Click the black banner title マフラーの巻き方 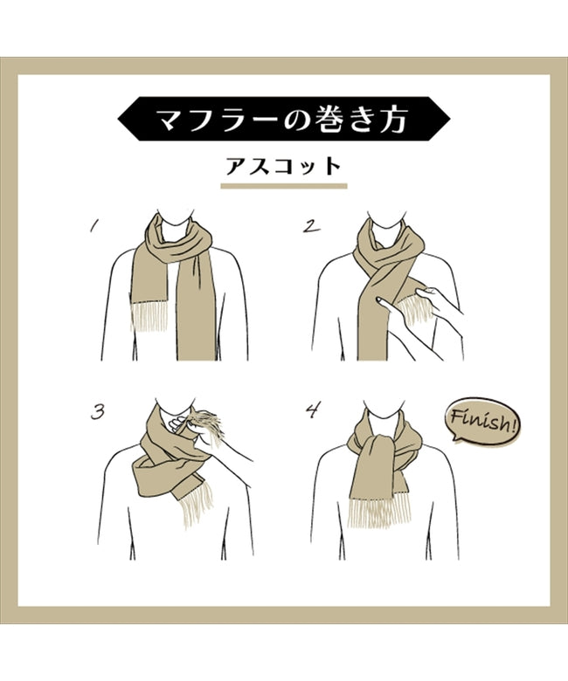tap(283, 120)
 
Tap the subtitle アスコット tap(283, 166)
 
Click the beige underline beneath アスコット tap(283, 186)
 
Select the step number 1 tap(94, 226)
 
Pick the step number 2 tap(310, 226)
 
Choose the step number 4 tap(310, 411)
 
